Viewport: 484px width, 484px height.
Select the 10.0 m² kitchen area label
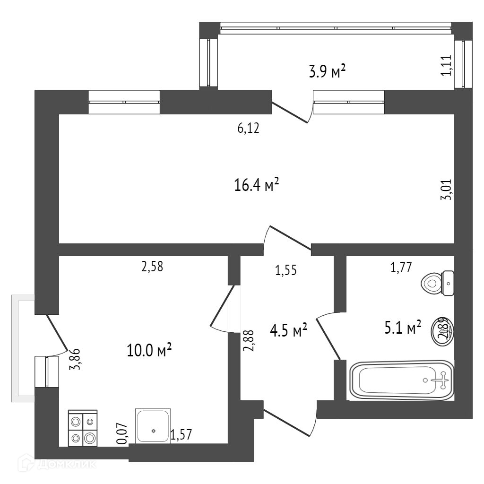point(149,350)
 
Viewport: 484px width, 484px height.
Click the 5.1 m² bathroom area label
point(402,327)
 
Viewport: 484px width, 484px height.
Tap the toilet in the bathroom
point(438,283)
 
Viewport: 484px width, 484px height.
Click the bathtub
point(402,380)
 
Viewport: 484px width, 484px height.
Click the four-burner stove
point(83,428)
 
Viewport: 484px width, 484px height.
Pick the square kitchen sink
point(153,425)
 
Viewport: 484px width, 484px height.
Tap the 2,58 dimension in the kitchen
point(152,267)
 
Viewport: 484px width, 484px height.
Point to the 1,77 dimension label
point(401,268)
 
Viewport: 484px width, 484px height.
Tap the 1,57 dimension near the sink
point(182,435)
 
